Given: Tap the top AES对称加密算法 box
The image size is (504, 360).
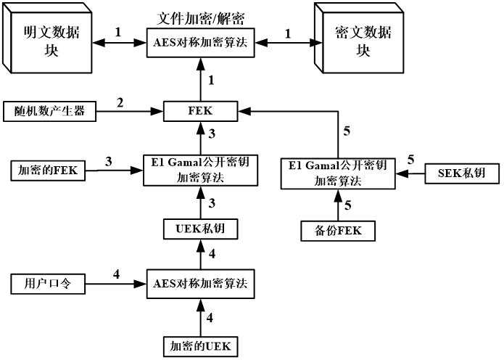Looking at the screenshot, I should [x=199, y=42].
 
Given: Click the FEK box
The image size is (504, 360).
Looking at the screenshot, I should [x=198, y=112].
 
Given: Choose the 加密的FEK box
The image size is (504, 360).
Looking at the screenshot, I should [x=47, y=171].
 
